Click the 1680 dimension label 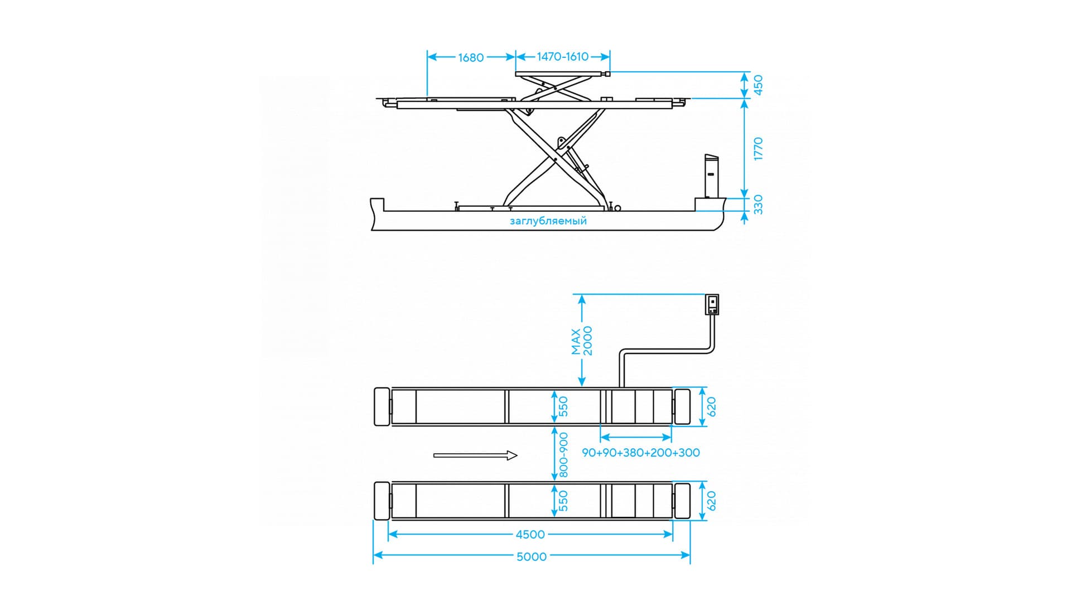point(471,57)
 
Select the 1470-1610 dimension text point(562,56)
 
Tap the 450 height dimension point(758,85)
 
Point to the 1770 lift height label point(758,149)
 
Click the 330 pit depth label point(758,205)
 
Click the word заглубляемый point(548,221)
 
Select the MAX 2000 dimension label point(582,341)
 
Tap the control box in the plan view point(712,304)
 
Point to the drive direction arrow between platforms point(475,455)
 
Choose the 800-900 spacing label point(563,455)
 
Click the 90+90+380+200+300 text point(641,453)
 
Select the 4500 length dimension point(530,535)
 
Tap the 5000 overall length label point(532,556)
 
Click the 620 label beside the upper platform point(711,407)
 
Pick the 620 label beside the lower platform point(711,501)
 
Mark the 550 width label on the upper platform point(563,406)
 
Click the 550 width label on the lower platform point(563,501)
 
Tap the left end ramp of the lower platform point(382,501)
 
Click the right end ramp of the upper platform point(682,407)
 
